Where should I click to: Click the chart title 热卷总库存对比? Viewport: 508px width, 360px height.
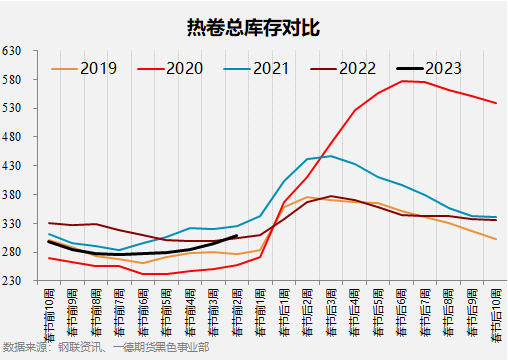pos(253,26)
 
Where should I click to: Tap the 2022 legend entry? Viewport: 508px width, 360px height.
pos(356,69)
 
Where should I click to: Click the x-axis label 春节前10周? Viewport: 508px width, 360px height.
pos(49,310)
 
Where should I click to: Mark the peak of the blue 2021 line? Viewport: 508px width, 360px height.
pos(331,156)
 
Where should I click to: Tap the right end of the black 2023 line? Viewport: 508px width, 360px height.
pos(236,236)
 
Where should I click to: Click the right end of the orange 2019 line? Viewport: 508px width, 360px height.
pos(497,239)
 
